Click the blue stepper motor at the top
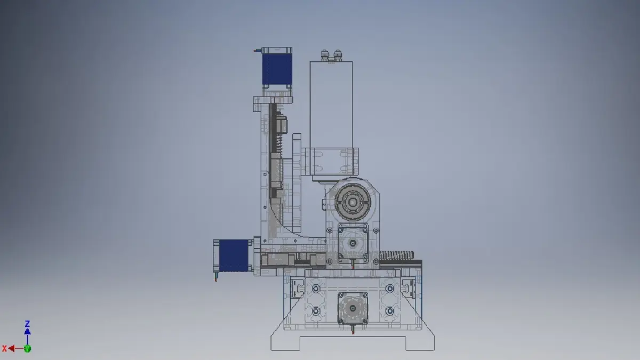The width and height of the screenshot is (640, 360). pos(277,69)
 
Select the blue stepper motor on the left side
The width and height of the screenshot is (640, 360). pos(233,255)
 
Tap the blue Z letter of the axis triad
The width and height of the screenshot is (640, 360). pos(27,324)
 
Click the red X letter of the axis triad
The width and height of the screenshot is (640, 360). pos(4,349)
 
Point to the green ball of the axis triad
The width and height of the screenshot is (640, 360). pos(27,349)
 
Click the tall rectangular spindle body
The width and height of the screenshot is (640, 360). pos(331,105)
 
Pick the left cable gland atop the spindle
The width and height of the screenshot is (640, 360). pos(324,55)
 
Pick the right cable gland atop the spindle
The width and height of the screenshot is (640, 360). pos(338,55)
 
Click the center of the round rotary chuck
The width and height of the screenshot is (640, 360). pos(353,202)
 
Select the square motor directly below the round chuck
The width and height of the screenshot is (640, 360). pos(353,243)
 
